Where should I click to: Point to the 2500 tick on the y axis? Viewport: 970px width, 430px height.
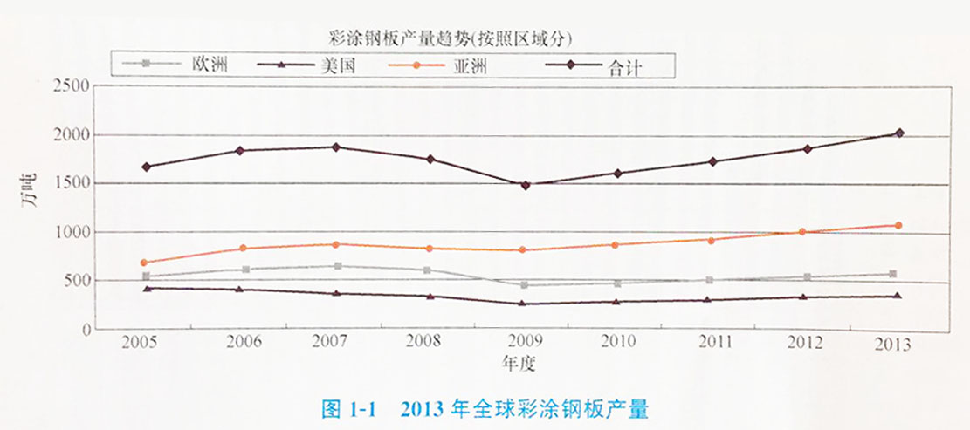pyautogui.click(x=72, y=85)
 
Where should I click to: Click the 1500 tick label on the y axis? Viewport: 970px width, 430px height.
pyautogui.click(x=72, y=184)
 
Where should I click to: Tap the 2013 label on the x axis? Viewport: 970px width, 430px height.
pyautogui.click(x=892, y=343)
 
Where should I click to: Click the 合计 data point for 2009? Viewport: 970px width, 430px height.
pyautogui.click(x=526, y=185)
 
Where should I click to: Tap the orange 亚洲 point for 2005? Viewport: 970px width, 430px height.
pyautogui.click(x=144, y=262)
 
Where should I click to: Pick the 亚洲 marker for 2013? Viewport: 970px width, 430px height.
pyautogui.click(x=898, y=226)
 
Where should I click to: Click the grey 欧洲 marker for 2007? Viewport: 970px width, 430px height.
pyautogui.click(x=337, y=266)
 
